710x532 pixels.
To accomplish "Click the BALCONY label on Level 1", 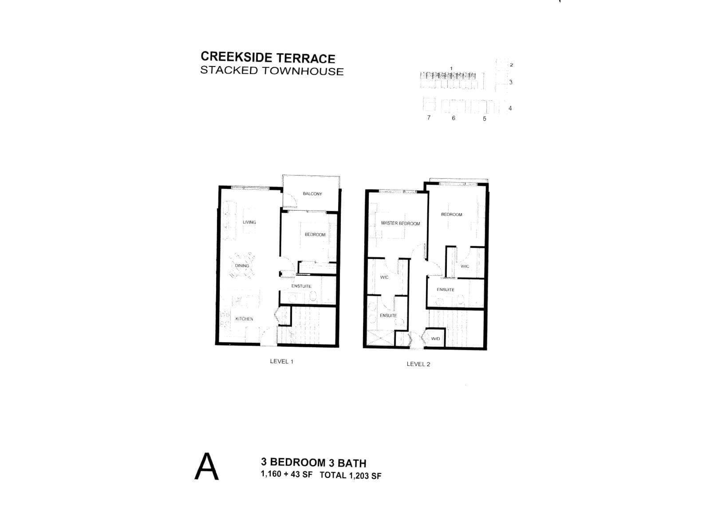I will (312, 194).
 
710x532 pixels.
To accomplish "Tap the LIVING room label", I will (249, 222).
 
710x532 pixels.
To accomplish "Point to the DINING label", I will (242, 266).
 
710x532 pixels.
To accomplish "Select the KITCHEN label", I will (244, 319).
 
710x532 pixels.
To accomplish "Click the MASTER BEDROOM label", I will (400, 223).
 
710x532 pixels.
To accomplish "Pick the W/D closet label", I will (435, 339).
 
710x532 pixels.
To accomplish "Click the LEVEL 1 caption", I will (281, 361).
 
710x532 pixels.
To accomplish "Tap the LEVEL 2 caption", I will (418, 364).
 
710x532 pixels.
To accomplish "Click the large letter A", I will (207, 467).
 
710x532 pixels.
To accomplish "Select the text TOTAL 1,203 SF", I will (350, 476).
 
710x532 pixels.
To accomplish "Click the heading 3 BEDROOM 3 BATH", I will (313, 463).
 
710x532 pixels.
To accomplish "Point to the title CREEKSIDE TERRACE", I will (268, 58).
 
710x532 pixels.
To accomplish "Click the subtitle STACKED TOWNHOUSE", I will (272, 71).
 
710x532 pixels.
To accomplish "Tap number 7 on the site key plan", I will (429, 117).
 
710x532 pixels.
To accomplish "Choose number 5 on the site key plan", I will (485, 118).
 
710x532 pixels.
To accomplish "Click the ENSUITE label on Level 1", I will (301, 286).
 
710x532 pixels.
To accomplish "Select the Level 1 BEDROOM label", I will (315, 235).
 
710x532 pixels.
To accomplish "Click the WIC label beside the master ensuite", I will (384, 278).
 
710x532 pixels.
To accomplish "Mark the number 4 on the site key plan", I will (510, 108).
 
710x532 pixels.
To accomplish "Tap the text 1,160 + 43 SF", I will (287, 474).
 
